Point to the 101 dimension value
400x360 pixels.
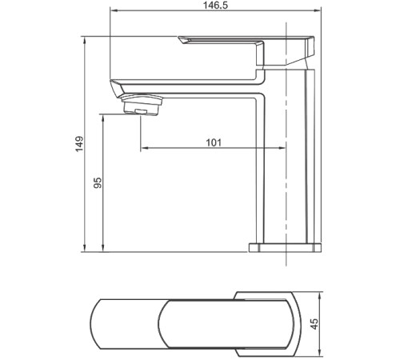click(213, 142)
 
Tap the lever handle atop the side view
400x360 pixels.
click(240, 42)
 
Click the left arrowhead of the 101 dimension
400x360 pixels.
click(144, 149)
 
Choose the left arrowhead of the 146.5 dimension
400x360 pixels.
click(112, 11)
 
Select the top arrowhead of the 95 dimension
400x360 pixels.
click(105, 117)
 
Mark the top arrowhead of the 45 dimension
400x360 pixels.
click(320, 294)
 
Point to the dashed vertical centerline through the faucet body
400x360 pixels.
click(286, 192)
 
